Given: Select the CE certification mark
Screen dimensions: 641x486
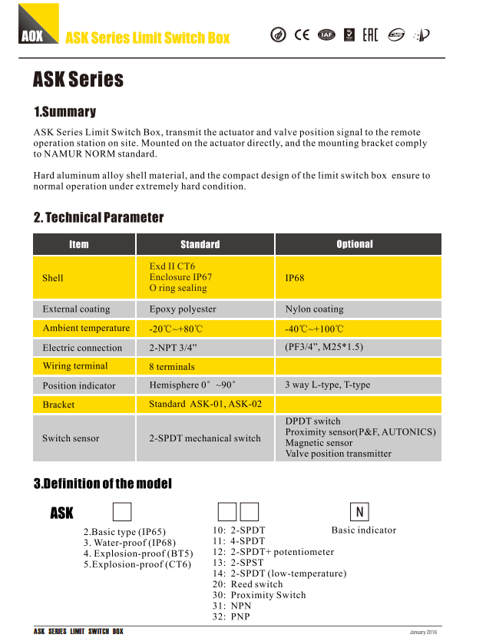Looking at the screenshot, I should pos(303,34).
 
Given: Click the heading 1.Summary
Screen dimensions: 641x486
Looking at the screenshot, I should pos(64,112).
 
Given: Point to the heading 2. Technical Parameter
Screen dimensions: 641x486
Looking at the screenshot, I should pos(98,217).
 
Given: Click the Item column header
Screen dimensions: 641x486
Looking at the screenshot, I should pos(78,244).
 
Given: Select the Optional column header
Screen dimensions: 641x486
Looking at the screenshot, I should pos(355,244).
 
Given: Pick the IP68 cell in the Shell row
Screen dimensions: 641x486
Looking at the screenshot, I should pos(295,278).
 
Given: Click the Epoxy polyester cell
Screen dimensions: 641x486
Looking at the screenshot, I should pos(183,309).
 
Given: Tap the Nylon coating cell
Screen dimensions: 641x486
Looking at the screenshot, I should pos(314,309).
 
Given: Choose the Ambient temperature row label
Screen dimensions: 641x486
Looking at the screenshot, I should pos(86,329).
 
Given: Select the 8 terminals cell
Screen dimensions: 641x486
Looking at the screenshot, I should pos(172,367).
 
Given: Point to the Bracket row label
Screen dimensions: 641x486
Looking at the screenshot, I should pos(58,405).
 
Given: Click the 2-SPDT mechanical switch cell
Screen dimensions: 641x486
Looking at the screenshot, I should pos(205,438).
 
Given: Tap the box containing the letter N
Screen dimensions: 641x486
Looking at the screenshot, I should pos(359,512).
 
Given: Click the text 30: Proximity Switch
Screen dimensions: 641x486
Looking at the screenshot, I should pos(259,595).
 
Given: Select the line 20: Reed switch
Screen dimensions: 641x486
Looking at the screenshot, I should pos(247,584).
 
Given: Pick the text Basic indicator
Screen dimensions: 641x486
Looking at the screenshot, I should pos(364,530).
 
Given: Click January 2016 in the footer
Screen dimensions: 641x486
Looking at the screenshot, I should pos(423,632).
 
